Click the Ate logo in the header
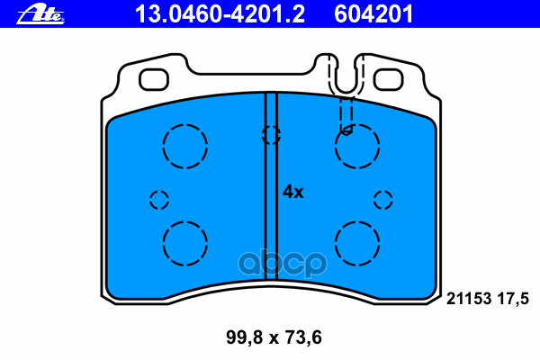point(40,13)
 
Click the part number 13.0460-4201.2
point(220,14)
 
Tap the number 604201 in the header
point(373,14)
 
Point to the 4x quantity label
point(293,192)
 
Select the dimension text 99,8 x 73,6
point(274,337)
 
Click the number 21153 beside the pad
point(468,298)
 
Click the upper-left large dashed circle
point(184,125)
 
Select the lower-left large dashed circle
point(184,222)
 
